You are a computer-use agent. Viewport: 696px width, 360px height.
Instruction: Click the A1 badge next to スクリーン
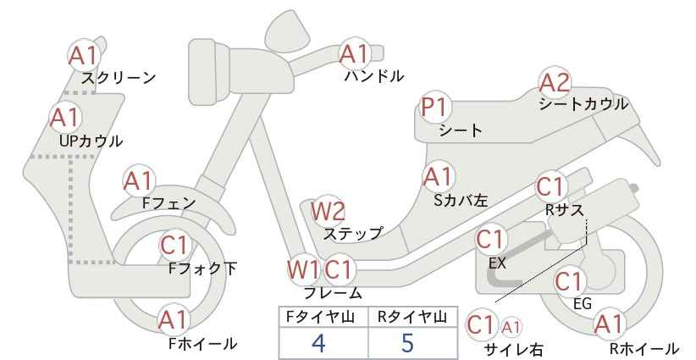(x=83, y=56)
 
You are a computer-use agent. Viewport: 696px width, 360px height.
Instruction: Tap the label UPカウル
(x=91, y=141)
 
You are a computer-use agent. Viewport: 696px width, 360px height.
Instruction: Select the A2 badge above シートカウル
(x=554, y=82)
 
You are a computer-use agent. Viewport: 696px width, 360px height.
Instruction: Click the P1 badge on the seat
(x=435, y=108)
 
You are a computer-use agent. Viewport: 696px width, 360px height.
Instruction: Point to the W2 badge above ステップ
(x=328, y=211)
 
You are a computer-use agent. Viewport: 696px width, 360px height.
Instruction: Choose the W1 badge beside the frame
(x=303, y=269)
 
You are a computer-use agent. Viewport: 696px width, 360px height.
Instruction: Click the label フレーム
(x=333, y=292)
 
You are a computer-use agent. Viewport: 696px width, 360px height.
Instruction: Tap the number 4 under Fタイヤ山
(x=318, y=342)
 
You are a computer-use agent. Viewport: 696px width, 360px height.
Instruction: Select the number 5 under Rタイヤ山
(x=407, y=342)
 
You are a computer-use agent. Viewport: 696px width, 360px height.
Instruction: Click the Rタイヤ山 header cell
(x=413, y=317)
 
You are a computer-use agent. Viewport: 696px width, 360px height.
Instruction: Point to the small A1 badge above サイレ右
(x=511, y=328)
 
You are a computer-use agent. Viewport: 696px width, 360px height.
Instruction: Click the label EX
(x=497, y=263)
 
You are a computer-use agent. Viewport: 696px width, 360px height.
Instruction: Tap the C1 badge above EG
(x=569, y=281)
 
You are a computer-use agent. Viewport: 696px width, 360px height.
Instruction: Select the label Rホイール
(x=644, y=349)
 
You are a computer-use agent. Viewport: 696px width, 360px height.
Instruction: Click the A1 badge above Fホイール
(x=173, y=320)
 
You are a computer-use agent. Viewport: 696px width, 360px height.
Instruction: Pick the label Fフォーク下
(x=203, y=269)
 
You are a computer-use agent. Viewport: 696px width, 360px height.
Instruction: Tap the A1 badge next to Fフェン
(x=139, y=181)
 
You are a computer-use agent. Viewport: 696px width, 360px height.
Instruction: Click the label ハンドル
(x=374, y=76)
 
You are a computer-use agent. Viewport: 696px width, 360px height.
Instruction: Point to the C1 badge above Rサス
(x=550, y=187)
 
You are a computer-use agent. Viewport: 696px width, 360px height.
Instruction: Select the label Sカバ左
(x=461, y=201)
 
